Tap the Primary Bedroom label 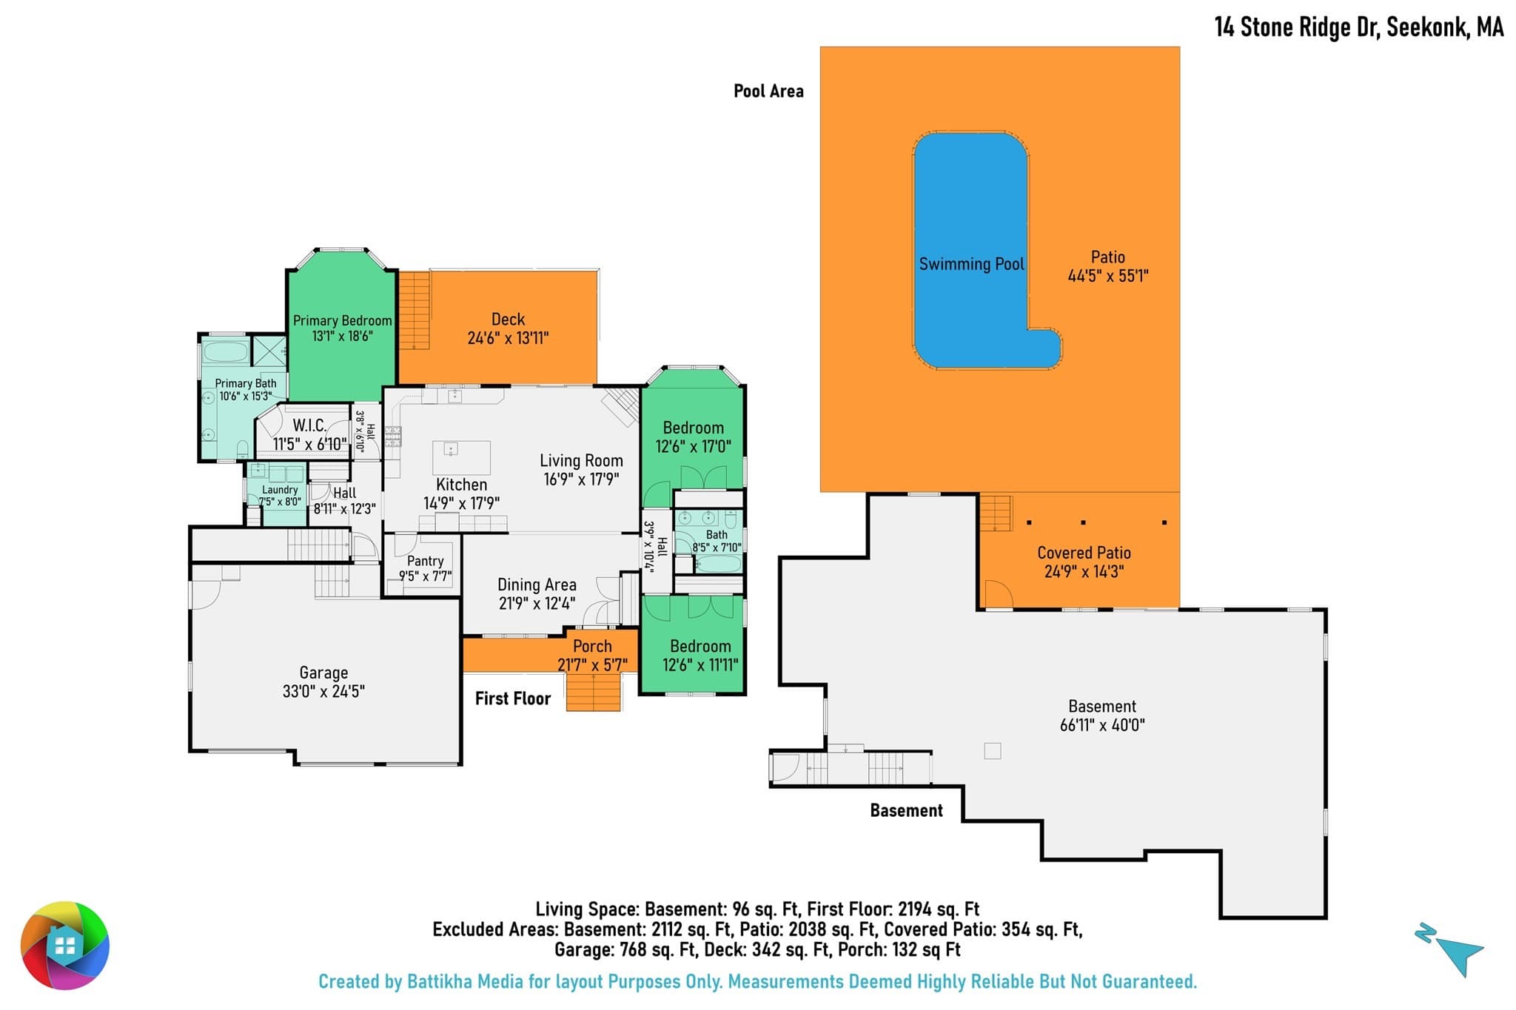pos(342,320)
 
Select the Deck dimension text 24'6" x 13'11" pos(508,338)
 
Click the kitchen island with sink pos(461,457)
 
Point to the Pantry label pos(425,561)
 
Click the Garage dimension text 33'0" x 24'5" pos(323,691)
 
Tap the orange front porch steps pos(593,692)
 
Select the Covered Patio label pos(1084,553)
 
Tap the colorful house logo pos(65,946)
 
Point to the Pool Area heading pos(768,91)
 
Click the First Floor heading pos(513,698)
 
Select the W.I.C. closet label pos(309,425)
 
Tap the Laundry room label pos(280,490)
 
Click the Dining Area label pos(537,585)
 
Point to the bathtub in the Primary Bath pos(225,351)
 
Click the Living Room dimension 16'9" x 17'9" pos(581,479)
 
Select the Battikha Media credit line pos(757,982)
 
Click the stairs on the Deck pos(415,310)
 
